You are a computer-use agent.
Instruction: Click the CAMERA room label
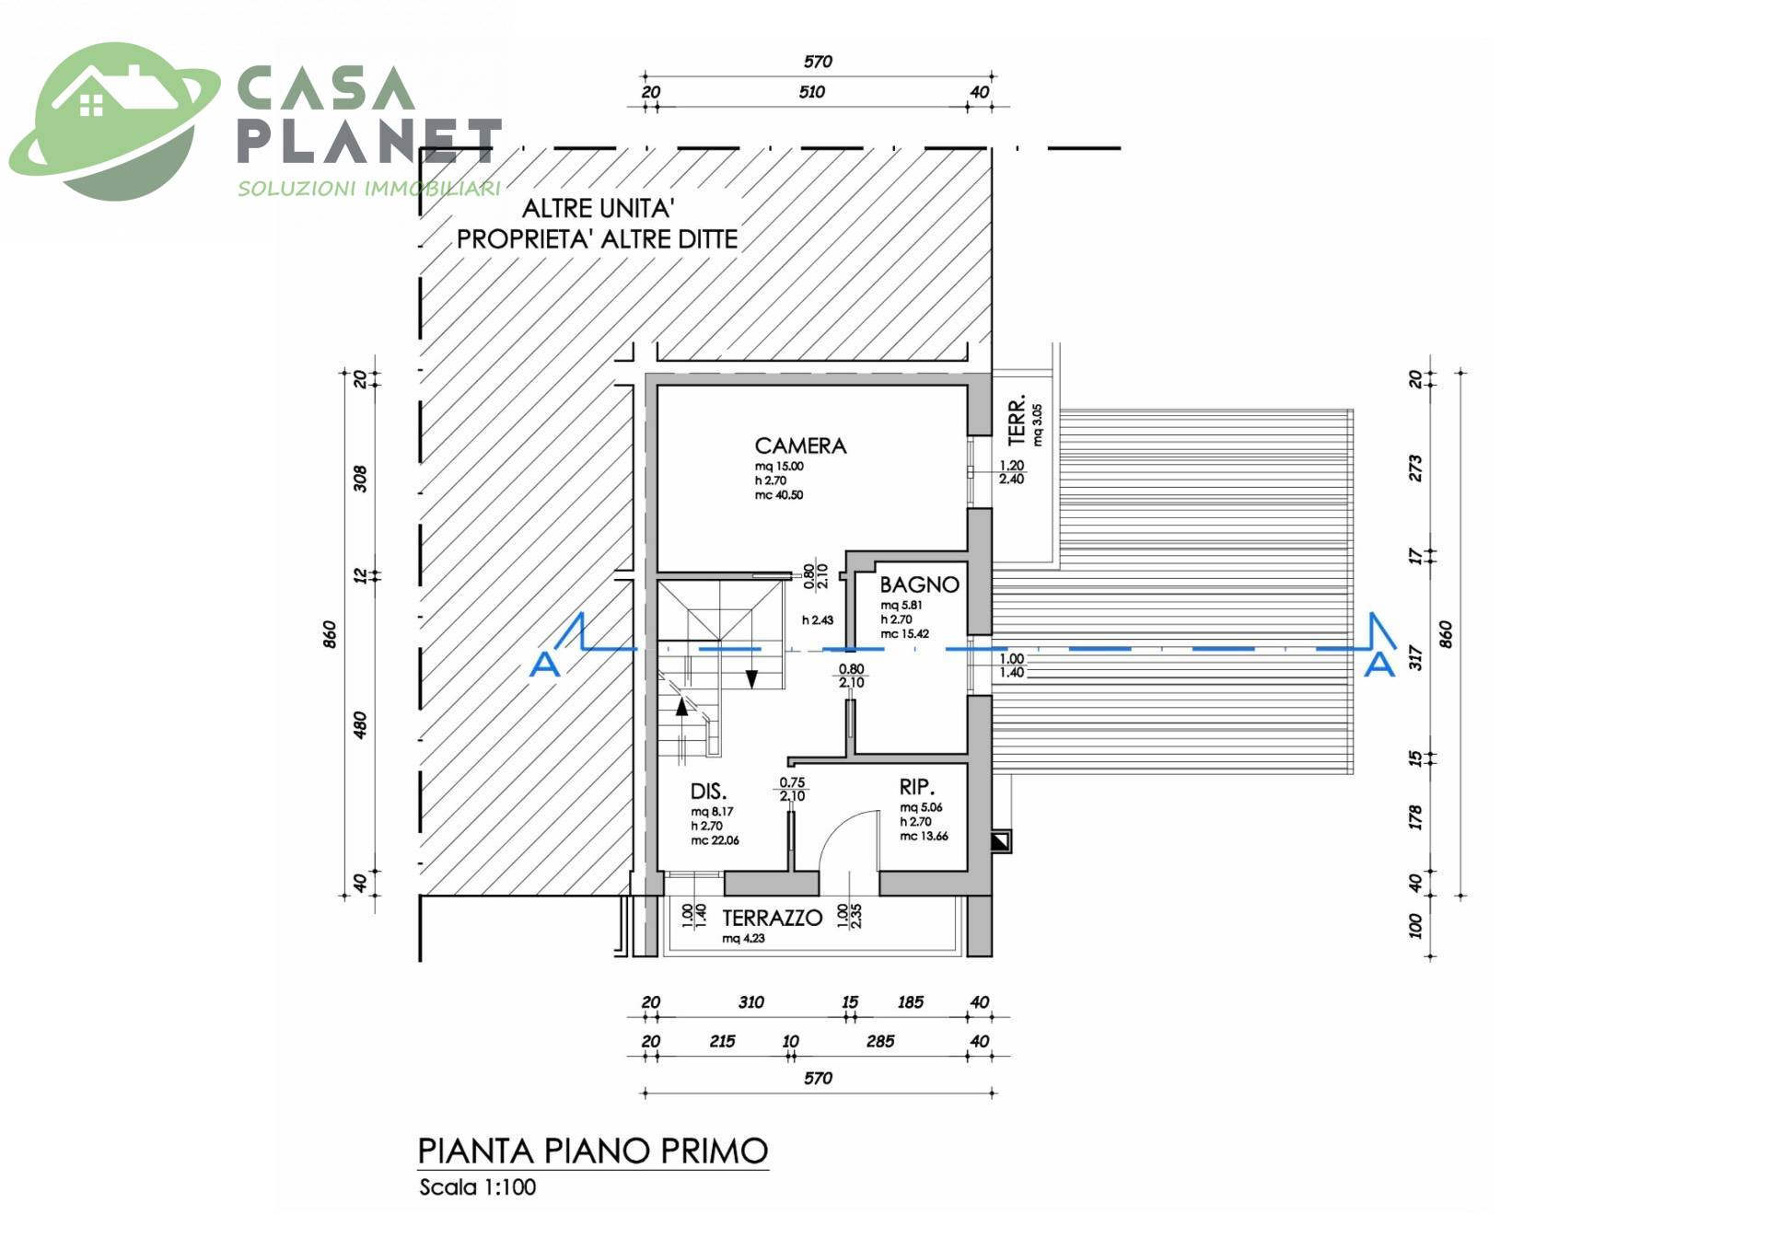[x=800, y=445]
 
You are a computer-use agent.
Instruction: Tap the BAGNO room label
[x=919, y=584]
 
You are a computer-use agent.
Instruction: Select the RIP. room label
[x=917, y=787]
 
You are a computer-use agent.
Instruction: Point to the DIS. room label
[x=708, y=792]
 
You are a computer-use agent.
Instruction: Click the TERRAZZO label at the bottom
[x=772, y=918]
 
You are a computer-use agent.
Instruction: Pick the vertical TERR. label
[x=1018, y=422]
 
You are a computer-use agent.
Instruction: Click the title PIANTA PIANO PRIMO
[x=593, y=1151]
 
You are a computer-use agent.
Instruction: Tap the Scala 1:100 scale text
[x=477, y=1187]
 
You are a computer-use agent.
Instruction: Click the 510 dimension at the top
[x=811, y=92]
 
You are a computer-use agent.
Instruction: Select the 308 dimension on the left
[x=360, y=479]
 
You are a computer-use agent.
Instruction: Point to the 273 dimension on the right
[x=1415, y=468]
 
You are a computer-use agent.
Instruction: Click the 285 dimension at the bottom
[x=880, y=1041]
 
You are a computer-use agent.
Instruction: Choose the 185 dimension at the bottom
[x=910, y=1002]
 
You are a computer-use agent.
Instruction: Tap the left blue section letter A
[x=545, y=663]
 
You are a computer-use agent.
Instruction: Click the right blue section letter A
[x=1378, y=663]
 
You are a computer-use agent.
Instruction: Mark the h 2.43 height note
[x=817, y=620]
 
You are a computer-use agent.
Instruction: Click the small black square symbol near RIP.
[x=1000, y=841]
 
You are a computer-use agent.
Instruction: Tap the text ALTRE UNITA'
[x=599, y=208]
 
